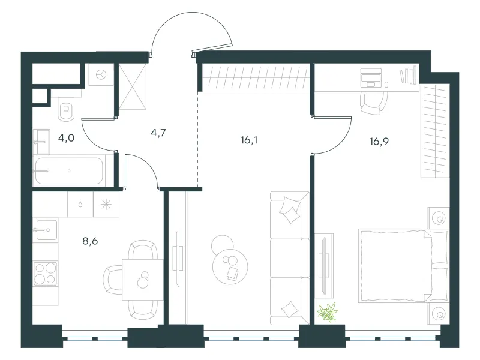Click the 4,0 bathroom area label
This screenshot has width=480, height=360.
tap(66, 138)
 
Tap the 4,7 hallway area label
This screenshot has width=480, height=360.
tap(158, 133)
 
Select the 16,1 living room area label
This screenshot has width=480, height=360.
tap(249, 140)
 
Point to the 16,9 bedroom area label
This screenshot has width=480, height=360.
tap(379, 142)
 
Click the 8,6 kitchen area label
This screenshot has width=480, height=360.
tap(90, 241)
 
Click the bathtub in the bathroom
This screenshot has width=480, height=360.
tap(69, 170)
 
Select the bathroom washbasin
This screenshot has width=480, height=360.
tap(41, 142)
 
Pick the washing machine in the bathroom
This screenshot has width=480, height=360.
tap(101, 74)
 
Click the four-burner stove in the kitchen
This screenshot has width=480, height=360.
tap(46, 274)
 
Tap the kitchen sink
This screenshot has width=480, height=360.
tap(46, 230)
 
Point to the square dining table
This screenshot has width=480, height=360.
tap(143, 280)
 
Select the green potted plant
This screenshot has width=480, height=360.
tap(328, 312)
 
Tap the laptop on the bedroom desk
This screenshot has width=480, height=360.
tap(371, 78)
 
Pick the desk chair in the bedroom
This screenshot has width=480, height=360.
tap(373, 103)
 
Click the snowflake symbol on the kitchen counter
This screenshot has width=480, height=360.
tap(106, 204)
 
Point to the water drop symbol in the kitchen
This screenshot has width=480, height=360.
tap(80, 204)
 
